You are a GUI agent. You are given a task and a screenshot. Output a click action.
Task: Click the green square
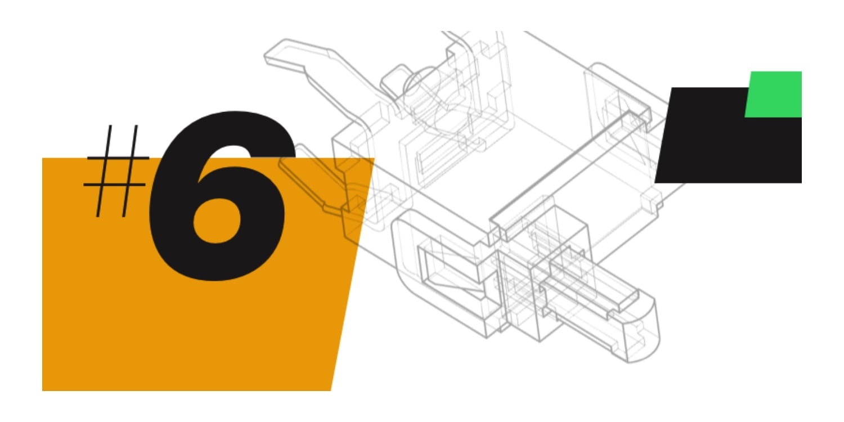pos(774,94)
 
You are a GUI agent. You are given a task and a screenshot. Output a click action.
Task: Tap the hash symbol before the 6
pos(116,171)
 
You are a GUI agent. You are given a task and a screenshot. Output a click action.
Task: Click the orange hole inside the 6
pos(217,220)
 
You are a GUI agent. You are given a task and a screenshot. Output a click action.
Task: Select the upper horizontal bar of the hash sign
pos(118,158)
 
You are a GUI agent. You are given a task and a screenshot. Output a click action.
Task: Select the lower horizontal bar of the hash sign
pos(115,185)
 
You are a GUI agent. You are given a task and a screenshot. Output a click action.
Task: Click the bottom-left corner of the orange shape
pos(42,390)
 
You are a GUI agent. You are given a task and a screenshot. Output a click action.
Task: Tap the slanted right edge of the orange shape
pos(353,275)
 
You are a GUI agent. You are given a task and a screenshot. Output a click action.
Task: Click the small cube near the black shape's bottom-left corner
pos(652,199)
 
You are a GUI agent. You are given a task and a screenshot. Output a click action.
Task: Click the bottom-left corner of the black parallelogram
pos(655,183)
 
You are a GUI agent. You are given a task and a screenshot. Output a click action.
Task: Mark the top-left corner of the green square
pos(751,71)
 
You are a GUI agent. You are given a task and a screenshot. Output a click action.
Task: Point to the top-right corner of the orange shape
pos(375,158)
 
